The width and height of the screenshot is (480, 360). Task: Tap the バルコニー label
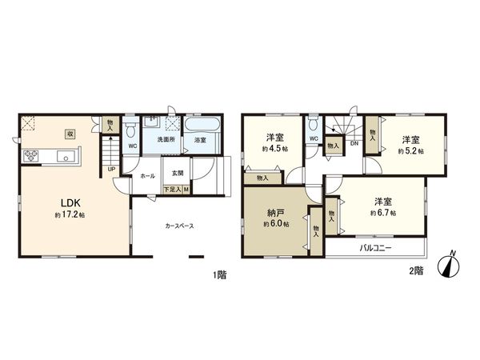(x=374, y=249)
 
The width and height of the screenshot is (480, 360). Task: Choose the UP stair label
(x=110, y=170)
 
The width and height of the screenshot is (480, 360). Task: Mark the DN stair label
(x=354, y=145)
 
